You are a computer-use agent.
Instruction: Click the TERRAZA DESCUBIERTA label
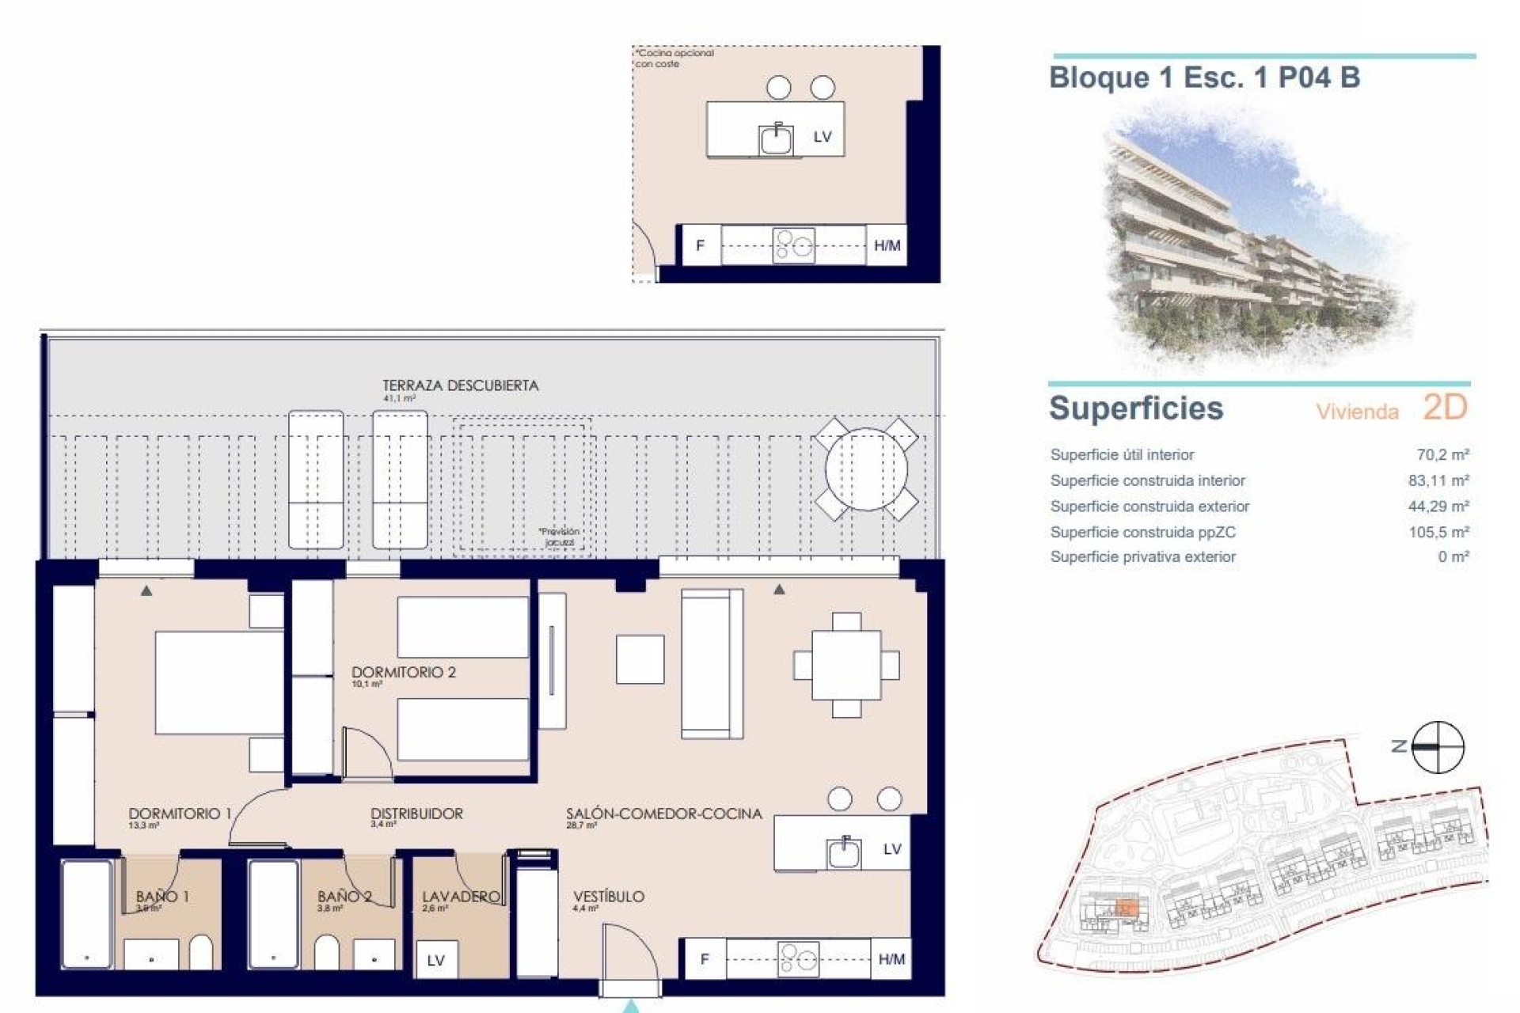460,386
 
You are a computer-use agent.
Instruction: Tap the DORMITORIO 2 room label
403,673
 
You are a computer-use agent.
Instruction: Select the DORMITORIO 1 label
180,814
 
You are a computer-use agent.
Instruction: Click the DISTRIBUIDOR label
416,814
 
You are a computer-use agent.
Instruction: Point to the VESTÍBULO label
608,897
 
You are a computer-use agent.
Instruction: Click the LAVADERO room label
461,897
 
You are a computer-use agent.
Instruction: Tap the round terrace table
866,469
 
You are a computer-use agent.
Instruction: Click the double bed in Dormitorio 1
218,682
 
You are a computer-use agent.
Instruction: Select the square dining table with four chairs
846,665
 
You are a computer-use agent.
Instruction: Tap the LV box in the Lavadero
435,961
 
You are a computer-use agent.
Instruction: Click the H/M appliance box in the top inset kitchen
887,245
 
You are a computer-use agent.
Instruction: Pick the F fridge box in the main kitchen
704,960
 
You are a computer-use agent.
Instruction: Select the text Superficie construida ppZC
1142,532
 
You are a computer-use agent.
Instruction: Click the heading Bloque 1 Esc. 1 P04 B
1203,78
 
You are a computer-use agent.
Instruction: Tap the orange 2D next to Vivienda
1445,408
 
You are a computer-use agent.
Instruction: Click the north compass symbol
1438,747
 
